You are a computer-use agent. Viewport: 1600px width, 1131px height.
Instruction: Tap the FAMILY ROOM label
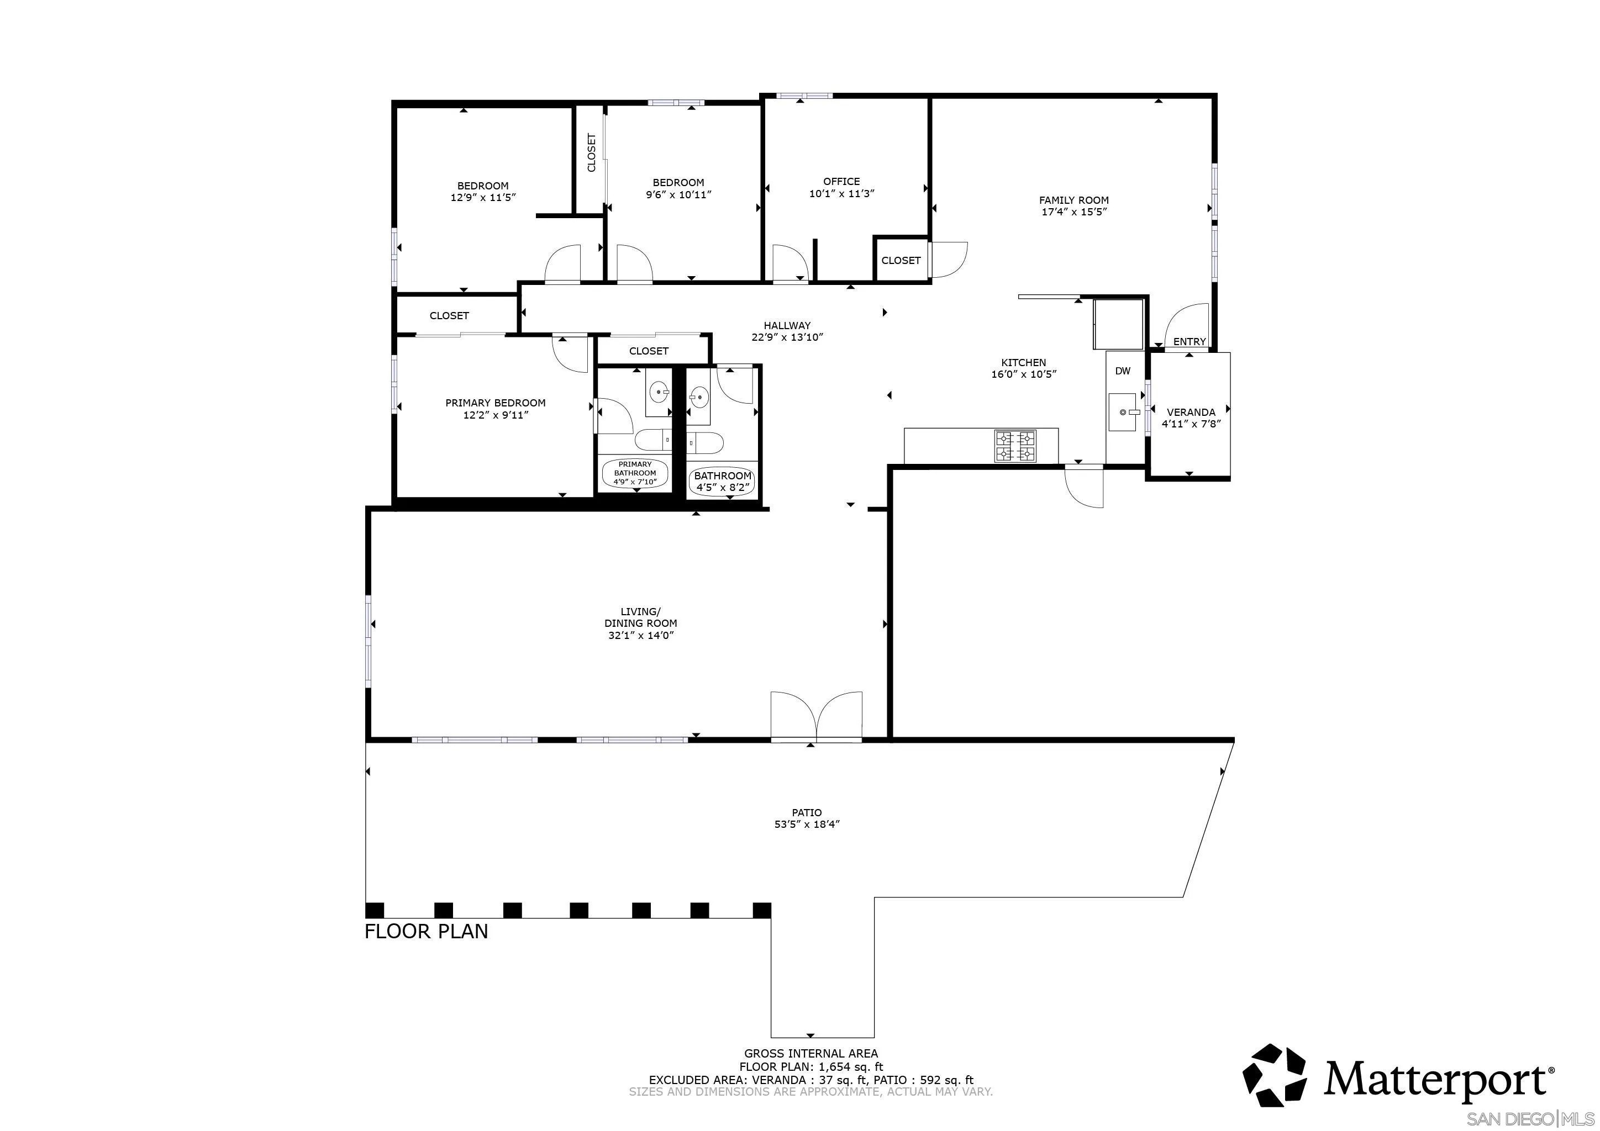[1074, 200]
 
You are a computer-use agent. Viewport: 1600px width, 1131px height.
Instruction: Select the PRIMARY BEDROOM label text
[496, 403]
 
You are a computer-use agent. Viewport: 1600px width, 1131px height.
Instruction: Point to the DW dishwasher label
[1123, 371]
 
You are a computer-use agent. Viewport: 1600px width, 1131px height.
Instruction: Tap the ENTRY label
[1190, 341]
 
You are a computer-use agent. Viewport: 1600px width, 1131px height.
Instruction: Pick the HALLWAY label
[787, 325]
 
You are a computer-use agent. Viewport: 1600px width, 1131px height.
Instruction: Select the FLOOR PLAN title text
[427, 931]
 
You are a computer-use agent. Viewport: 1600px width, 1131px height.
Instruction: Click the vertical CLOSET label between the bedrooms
[592, 152]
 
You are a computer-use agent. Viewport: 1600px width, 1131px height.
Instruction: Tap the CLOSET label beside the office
[901, 261]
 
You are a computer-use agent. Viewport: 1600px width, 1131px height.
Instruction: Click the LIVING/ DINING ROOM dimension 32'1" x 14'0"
[640, 635]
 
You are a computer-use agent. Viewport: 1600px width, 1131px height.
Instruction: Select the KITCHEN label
[1024, 362]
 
